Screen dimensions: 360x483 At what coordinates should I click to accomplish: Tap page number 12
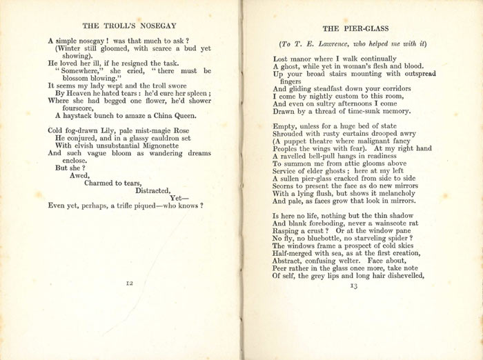(129, 283)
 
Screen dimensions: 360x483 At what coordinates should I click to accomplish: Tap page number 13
(354, 286)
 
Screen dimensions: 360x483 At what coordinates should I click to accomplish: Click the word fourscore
(76, 107)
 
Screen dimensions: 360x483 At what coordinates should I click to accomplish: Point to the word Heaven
(77, 92)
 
